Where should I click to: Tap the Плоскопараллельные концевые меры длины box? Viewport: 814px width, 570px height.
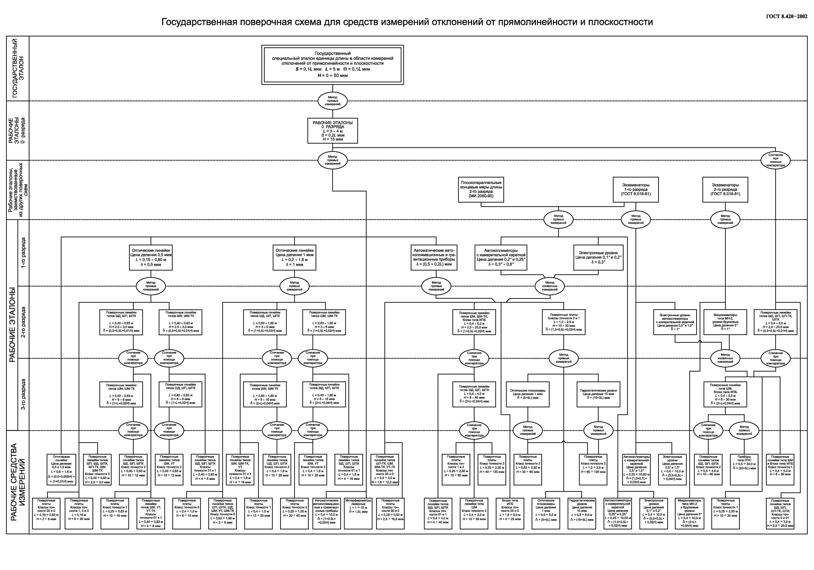(x=481, y=189)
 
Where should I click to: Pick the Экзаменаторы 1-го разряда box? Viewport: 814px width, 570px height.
(x=636, y=189)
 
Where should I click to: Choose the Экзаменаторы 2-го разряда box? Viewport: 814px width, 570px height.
(x=725, y=189)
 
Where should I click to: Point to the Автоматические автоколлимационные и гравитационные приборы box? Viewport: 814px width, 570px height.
(x=434, y=257)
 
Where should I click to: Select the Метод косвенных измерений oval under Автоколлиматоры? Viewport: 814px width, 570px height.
(x=549, y=286)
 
